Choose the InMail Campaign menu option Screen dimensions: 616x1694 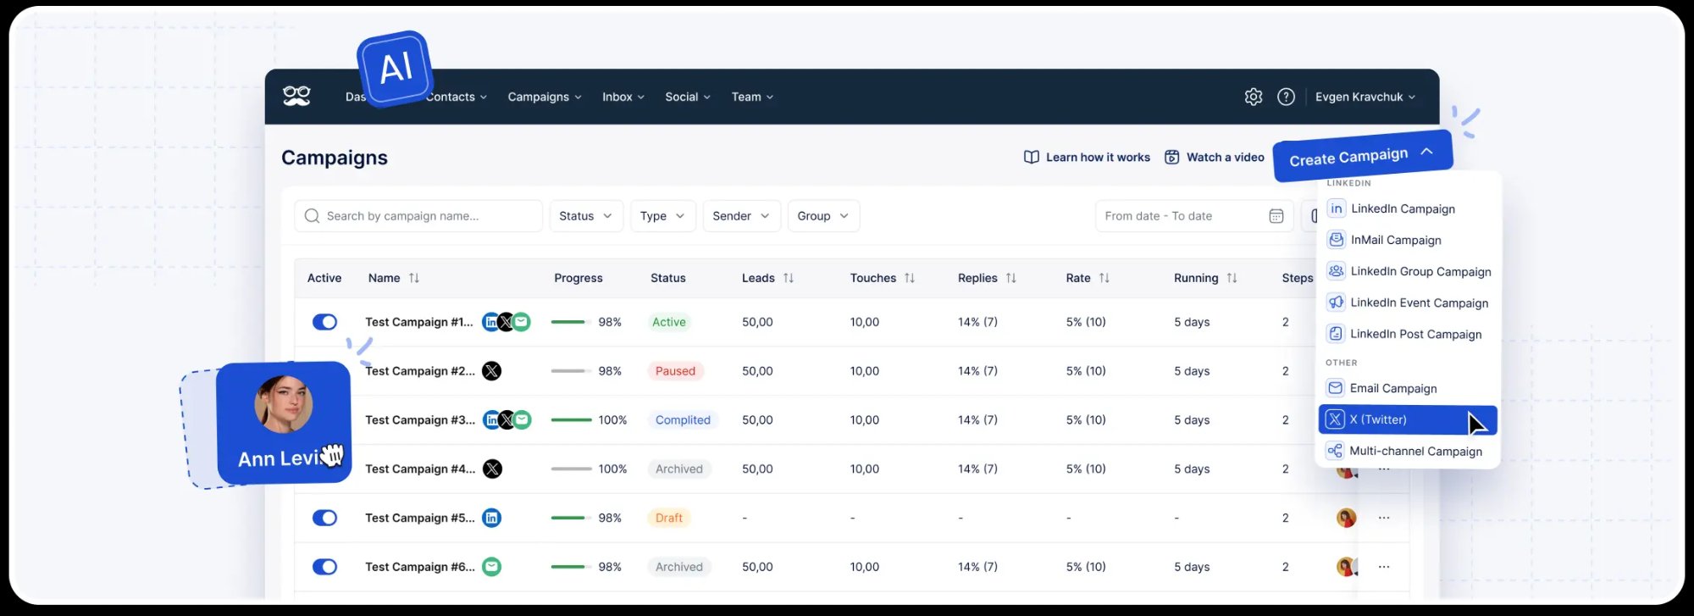pyautogui.click(x=1395, y=241)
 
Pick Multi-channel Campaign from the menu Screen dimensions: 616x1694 pyautogui.click(x=1414, y=452)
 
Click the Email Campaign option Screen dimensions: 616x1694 pyautogui.click(x=1392, y=388)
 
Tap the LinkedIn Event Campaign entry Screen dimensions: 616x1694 pyautogui.click(x=1418, y=302)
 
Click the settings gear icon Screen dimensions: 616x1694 pyautogui.click(x=1254, y=97)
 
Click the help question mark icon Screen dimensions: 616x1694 pyautogui.click(x=1286, y=97)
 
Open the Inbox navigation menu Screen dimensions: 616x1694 pyautogui.click(x=623, y=97)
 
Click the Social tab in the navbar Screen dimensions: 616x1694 pyautogui.click(x=687, y=97)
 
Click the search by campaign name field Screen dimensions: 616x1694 pyautogui.click(x=418, y=216)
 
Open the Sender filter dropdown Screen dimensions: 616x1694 pyautogui.click(x=740, y=216)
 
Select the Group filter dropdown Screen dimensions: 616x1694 pyautogui.click(x=822, y=216)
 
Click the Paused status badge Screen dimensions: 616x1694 pyautogui.click(x=675, y=371)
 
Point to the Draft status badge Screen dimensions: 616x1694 pyautogui.click(x=668, y=518)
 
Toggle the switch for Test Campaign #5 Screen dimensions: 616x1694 pyautogui.click(x=324, y=518)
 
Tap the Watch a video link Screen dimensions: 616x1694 pyautogui.click(x=1215, y=157)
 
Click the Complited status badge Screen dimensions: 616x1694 pyautogui.click(x=683, y=420)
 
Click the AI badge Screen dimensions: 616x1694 pyautogui.click(x=396, y=68)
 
